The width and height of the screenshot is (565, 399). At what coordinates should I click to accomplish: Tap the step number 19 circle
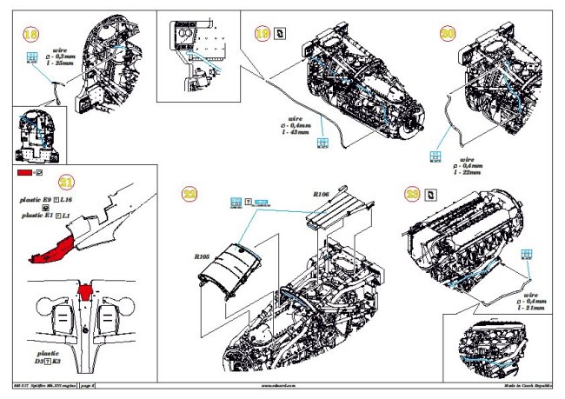pyautogui.click(x=262, y=34)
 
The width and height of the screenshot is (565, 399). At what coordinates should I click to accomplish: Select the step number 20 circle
pyautogui.click(x=448, y=33)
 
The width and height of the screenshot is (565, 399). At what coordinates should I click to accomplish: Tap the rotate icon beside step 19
pyautogui.click(x=280, y=34)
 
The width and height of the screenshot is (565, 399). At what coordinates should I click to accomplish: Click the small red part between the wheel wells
pyautogui.click(x=84, y=291)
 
